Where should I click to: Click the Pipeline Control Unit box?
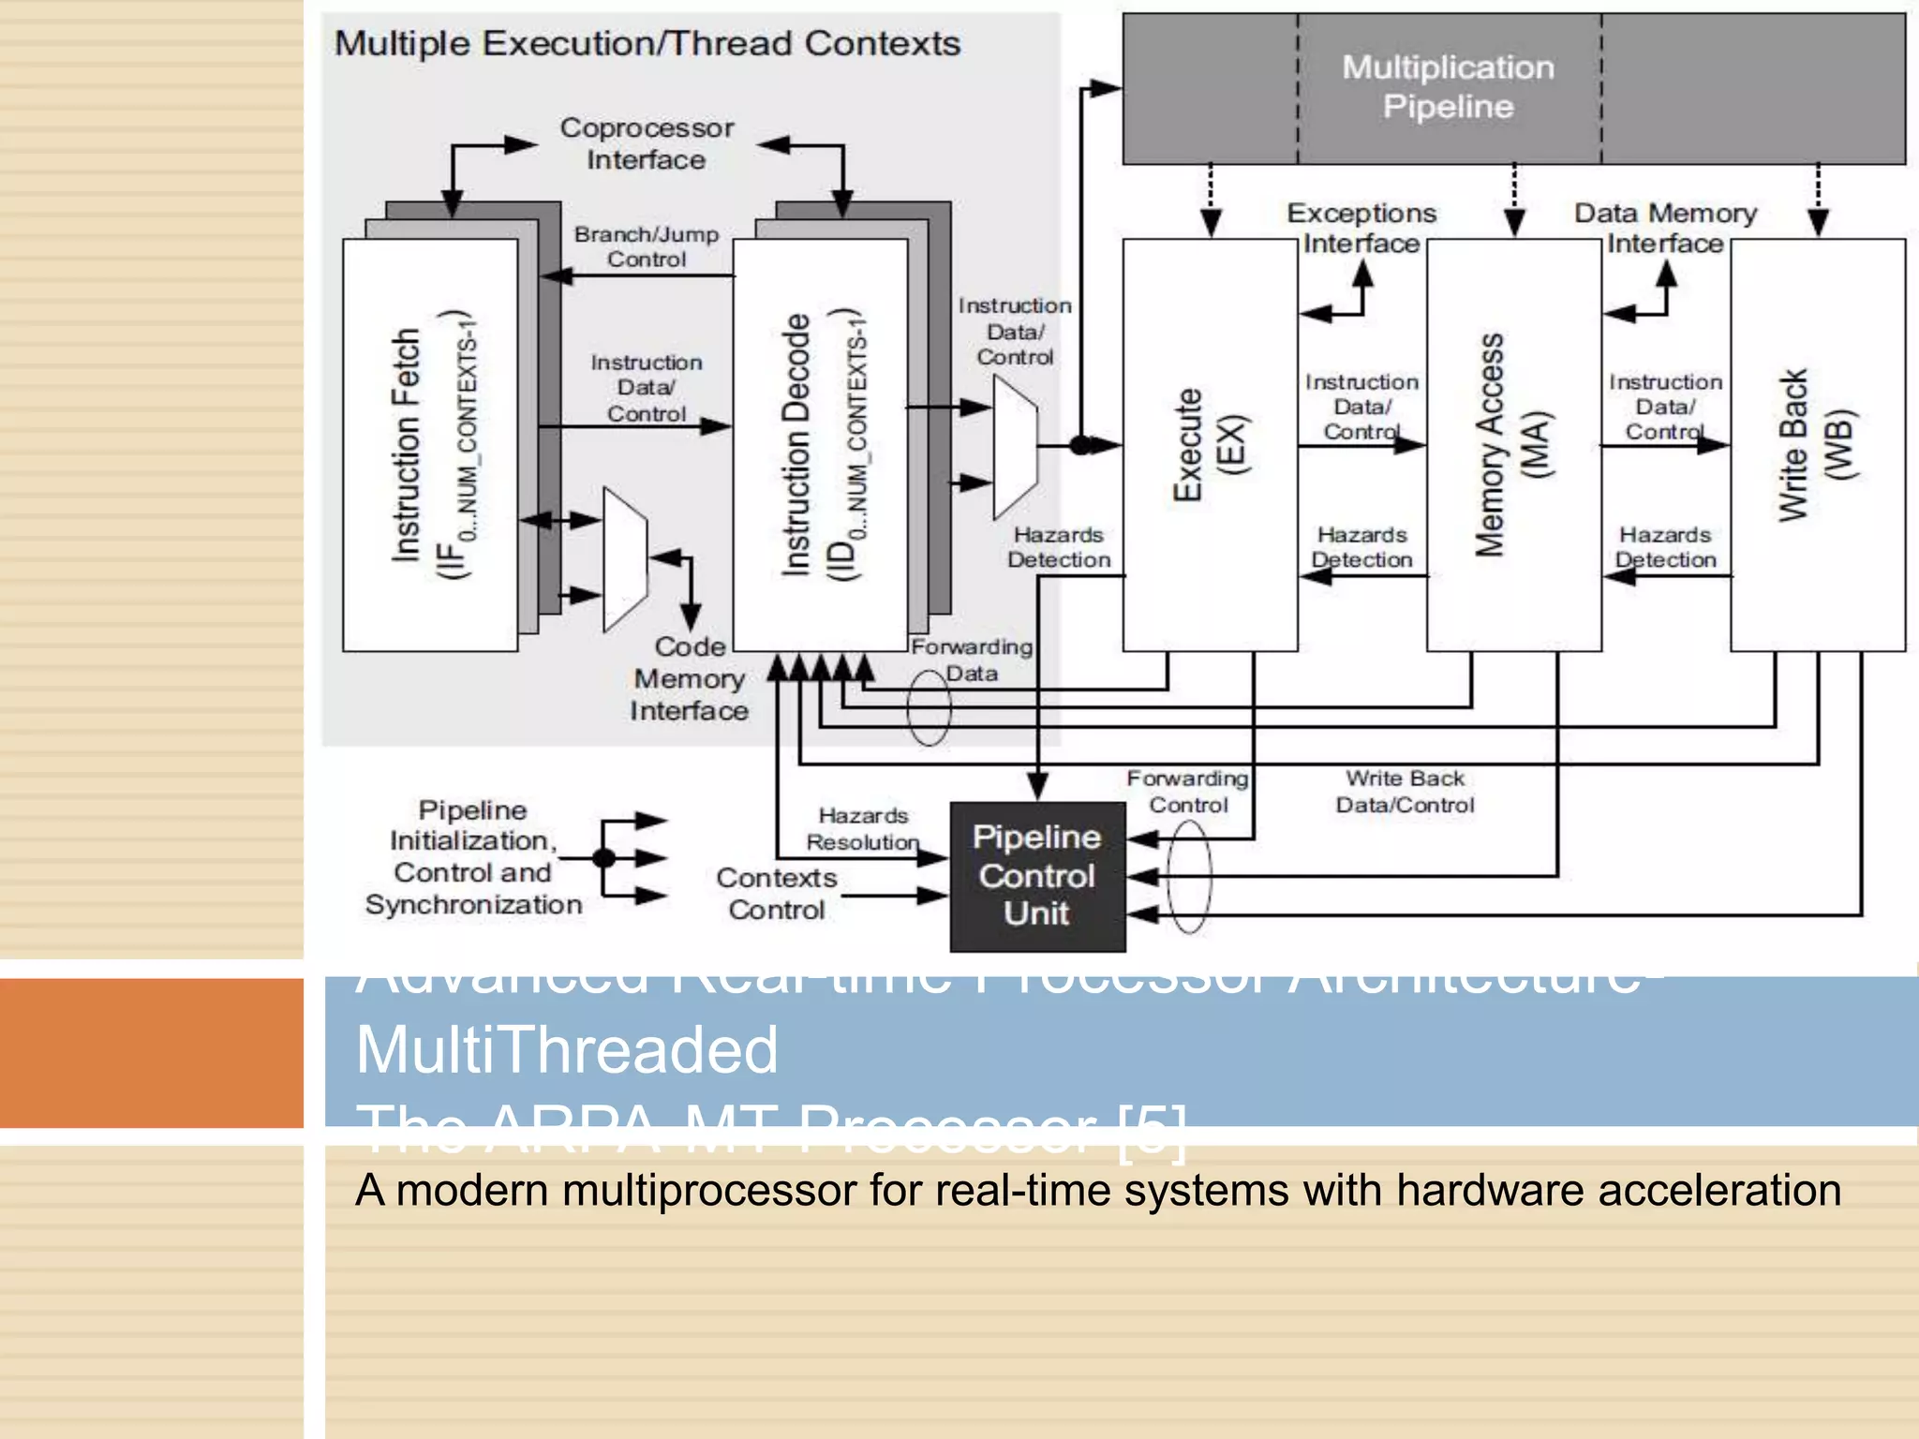(1037, 876)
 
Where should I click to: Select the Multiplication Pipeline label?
(1448, 86)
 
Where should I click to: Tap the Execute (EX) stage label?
(1210, 445)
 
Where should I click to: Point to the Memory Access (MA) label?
(1511, 445)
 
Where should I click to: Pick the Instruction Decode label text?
(796, 445)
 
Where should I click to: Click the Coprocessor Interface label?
(647, 143)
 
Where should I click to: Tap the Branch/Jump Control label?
(647, 246)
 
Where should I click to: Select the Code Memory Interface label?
(690, 678)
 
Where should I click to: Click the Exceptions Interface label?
(1361, 228)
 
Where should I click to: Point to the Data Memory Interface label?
(1665, 228)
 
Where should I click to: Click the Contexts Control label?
(777, 894)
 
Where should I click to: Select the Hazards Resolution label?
(863, 829)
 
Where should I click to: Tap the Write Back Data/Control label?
(1405, 792)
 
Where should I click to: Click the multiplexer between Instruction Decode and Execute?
(1015, 447)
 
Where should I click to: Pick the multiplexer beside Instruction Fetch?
(625, 559)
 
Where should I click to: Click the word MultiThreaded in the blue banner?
(567, 1049)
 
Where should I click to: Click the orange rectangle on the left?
(151, 1052)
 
